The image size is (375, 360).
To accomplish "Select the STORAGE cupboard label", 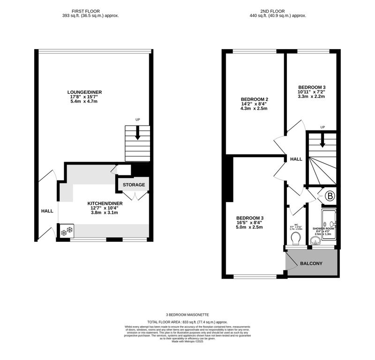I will [134, 185].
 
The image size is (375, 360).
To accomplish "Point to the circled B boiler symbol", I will [330, 196].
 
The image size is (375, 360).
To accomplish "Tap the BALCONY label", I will [311, 264].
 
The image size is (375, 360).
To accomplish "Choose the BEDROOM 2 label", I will [254, 99].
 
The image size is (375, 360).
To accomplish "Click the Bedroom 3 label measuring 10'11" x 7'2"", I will [312, 87].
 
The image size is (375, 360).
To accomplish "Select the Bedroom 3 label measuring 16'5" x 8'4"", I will [249, 218].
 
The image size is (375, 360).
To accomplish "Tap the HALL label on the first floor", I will [47, 211].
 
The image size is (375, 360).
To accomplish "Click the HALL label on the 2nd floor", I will [296, 159].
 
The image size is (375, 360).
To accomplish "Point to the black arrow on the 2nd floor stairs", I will [322, 141].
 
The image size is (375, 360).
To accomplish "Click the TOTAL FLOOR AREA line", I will [187, 322].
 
